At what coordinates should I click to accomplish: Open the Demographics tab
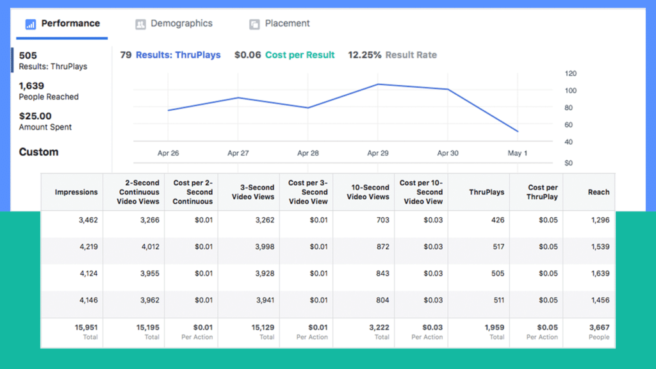[174, 24]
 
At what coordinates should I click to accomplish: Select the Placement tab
[279, 24]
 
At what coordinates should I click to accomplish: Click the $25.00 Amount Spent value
[36, 116]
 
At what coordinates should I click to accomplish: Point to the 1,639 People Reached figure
[31, 86]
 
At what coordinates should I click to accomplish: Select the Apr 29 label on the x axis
[377, 153]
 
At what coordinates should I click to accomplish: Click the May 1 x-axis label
[517, 153]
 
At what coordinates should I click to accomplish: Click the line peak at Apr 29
[378, 84]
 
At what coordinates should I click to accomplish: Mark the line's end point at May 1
[517, 131]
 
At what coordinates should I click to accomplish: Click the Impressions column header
[76, 192]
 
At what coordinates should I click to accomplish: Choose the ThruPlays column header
[486, 192]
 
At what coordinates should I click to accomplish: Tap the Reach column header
[598, 192]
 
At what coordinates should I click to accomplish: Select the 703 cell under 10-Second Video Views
[378, 220]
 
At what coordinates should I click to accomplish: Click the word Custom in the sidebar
[38, 152]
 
